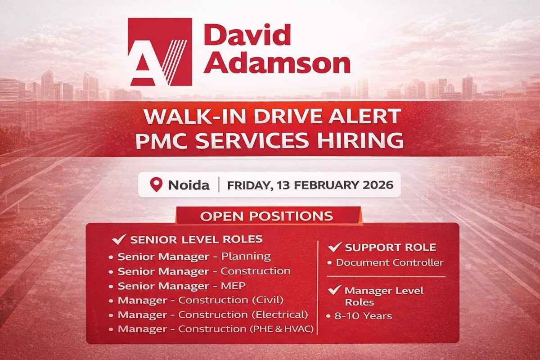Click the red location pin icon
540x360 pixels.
pyautogui.click(x=156, y=184)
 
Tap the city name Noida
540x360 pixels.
pyautogui.click(x=189, y=184)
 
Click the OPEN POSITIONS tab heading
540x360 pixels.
pyautogui.click(x=267, y=216)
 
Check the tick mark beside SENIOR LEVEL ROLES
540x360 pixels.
pyautogui.click(x=118, y=239)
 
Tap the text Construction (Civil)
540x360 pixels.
pyautogui.click(x=231, y=300)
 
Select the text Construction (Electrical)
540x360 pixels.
pyautogui.click(x=243, y=314)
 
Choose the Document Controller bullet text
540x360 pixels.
pyautogui.click(x=390, y=262)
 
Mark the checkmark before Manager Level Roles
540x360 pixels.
pyautogui.click(x=334, y=291)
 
